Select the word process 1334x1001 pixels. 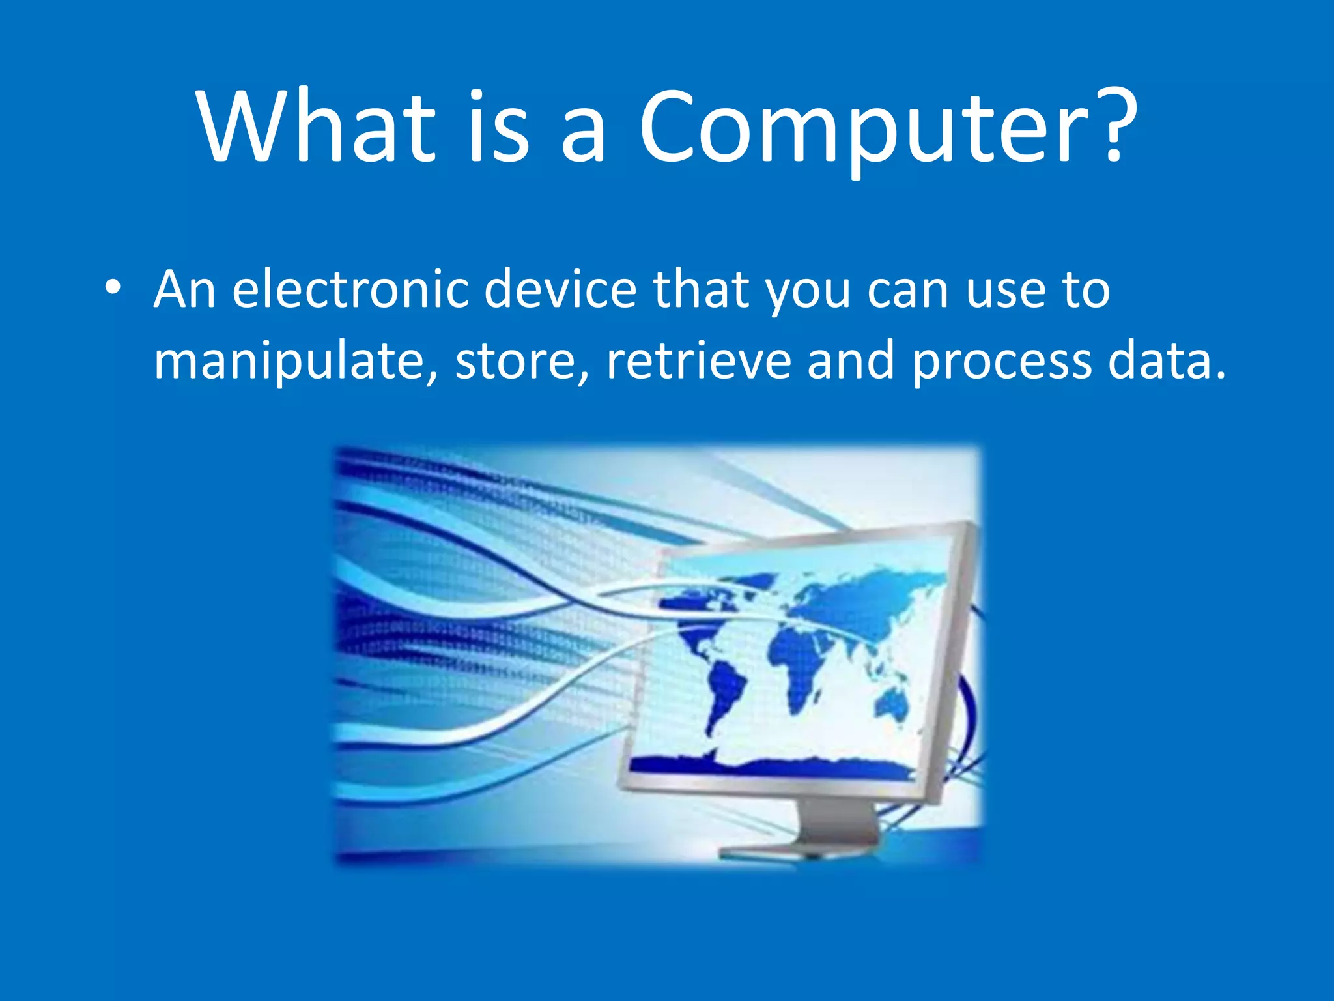(x=1001, y=362)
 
